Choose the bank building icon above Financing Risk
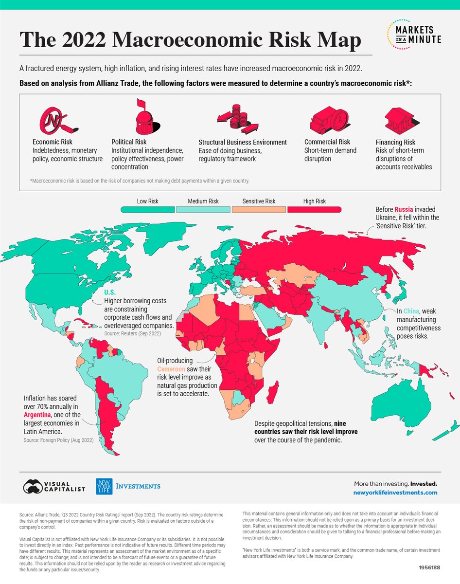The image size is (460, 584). pos(399,117)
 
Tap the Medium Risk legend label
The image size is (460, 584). pos(203,201)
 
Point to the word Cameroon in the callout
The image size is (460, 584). pos(171,369)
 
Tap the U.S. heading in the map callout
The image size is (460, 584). pos(109,292)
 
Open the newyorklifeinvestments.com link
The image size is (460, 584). pos(395,493)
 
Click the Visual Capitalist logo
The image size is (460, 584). pos(54,486)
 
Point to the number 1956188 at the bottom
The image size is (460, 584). pos(427,567)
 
